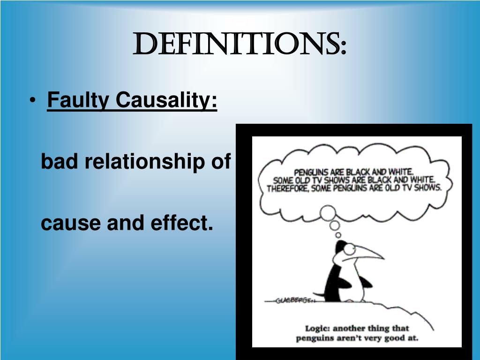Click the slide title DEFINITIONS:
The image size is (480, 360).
coord(240,45)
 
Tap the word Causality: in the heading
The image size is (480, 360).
coord(166,100)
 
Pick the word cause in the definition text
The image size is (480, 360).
coord(70,223)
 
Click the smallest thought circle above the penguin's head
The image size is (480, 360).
coord(338,235)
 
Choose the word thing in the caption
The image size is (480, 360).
coord(386,328)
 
